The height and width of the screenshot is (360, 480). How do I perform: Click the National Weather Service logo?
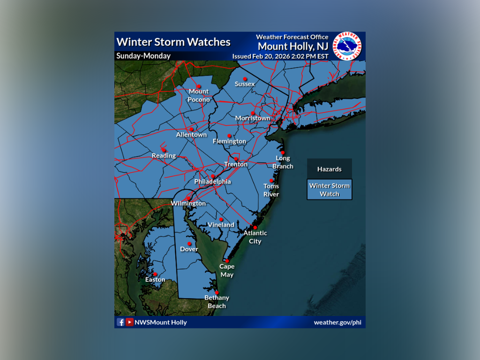coord(347,46)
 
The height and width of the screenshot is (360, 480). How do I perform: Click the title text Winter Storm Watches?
coord(173,42)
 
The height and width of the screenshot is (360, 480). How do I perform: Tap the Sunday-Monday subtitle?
coord(143,56)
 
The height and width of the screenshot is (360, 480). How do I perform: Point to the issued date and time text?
coord(280,56)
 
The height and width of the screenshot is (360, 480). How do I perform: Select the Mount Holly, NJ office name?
coord(293,46)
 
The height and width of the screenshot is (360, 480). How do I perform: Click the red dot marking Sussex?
coord(245,79)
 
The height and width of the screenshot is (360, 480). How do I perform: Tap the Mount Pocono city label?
coord(199,95)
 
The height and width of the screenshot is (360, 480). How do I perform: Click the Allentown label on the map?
coord(191,135)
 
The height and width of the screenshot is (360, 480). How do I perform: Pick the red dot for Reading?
coord(164,150)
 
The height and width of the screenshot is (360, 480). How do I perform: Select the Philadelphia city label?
coord(212,181)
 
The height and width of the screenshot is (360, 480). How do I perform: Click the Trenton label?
coord(236,165)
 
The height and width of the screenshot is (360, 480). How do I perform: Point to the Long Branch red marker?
coord(283,152)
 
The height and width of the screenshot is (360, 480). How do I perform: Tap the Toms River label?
coord(271,190)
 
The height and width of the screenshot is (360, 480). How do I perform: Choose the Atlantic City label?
coord(255,237)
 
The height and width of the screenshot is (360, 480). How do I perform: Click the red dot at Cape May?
coord(227,261)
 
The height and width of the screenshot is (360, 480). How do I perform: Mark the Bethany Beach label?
coord(217,301)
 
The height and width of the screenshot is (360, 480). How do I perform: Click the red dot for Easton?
coord(155,274)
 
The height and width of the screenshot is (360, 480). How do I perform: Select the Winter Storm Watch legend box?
coord(329,189)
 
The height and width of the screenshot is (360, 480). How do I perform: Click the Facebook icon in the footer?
coord(120,322)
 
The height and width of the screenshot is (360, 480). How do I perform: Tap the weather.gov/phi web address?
coord(337,322)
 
